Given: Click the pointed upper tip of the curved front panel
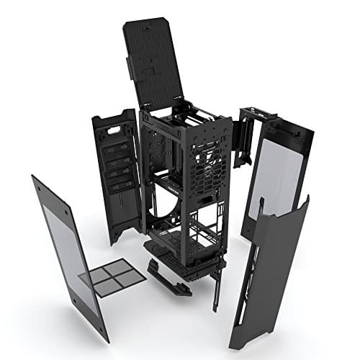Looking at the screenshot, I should (305, 199).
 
